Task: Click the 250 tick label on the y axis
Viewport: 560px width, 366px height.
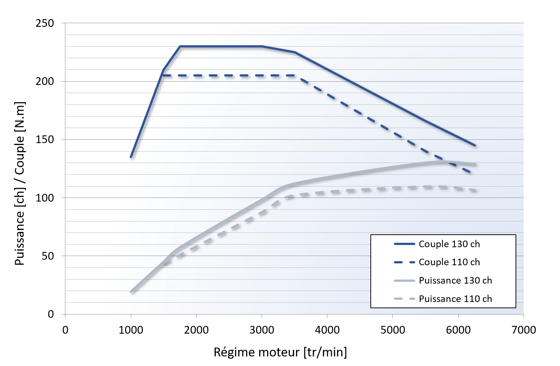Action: (45, 23)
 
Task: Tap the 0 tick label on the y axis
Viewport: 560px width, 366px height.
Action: (51, 314)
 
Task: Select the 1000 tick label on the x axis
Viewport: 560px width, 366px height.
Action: (131, 330)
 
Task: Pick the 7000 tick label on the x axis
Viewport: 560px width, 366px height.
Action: (524, 330)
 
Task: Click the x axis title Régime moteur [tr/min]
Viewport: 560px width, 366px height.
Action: (280, 352)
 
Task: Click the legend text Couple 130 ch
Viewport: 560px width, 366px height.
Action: (449, 244)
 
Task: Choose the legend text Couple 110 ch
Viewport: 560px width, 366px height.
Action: (449, 262)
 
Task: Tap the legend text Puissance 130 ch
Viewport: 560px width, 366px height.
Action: (455, 280)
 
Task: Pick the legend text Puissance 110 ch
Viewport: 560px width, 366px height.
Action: (455, 299)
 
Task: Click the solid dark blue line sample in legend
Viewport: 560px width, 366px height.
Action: (404, 244)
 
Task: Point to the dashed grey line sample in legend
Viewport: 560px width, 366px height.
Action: (404, 299)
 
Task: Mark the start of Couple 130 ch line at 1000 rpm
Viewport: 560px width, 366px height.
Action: (131, 157)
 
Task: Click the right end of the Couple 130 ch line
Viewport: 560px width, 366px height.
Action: (475, 146)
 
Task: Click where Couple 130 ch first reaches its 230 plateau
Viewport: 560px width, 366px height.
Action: (180, 46)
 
